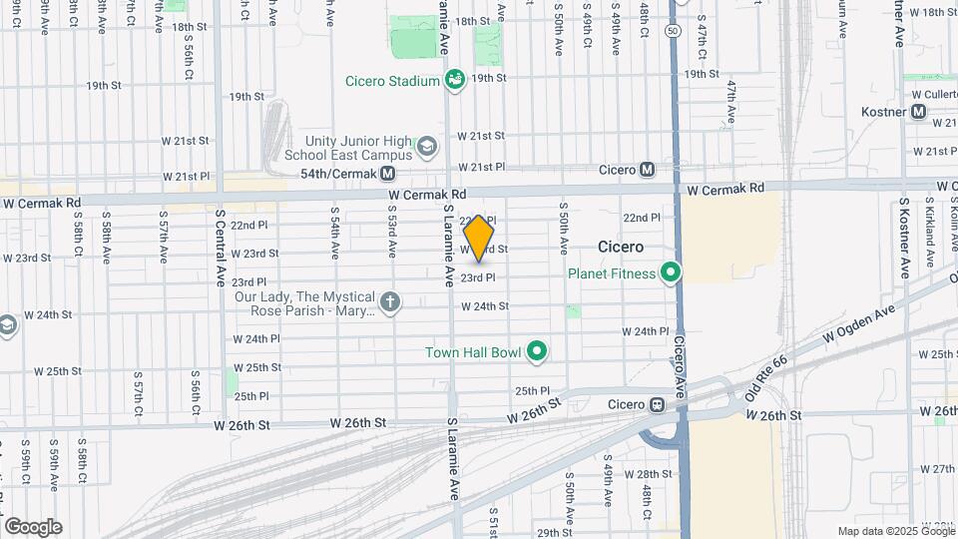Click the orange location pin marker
pyautogui.click(x=479, y=239)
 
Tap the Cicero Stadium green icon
pyautogui.click(x=455, y=79)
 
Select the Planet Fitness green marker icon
pyautogui.click(x=672, y=271)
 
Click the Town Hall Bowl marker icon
pyautogui.click(x=537, y=350)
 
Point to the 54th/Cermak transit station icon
pyautogui.click(x=386, y=173)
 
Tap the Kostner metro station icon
pyautogui.click(x=919, y=112)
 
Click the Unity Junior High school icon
pyautogui.click(x=427, y=148)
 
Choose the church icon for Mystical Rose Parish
pyautogui.click(x=389, y=299)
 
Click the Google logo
pyautogui.click(x=33, y=527)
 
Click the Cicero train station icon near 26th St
pyautogui.click(x=657, y=404)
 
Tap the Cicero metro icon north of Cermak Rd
pyautogui.click(x=648, y=170)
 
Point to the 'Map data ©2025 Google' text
pyautogui.click(x=895, y=531)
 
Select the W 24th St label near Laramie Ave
pyautogui.click(x=485, y=306)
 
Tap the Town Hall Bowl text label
pyautogui.click(x=473, y=351)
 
